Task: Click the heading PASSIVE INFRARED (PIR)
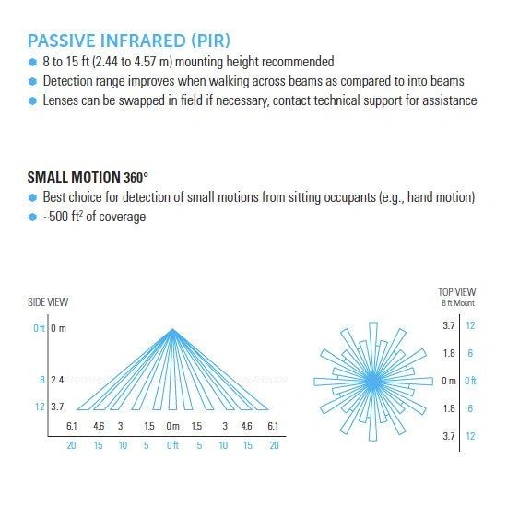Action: tap(129, 41)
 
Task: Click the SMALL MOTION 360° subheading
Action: tap(88, 177)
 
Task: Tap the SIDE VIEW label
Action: tap(48, 302)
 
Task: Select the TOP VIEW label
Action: tap(456, 292)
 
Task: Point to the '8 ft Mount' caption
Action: tap(458, 303)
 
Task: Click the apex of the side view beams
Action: tap(172, 329)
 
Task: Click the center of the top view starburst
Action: tap(372, 382)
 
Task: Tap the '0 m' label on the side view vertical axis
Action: tap(58, 328)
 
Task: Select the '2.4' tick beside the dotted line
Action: tap(57, 380)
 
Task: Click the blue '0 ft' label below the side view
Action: tap(172, 445)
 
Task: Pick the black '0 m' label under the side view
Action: tap(172, 426)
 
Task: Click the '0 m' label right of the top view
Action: tap(449, 381)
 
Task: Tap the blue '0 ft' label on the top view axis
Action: tap(470, 381)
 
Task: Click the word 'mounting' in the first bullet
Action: tap(198, 62)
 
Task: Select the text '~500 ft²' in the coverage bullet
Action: tap(63, 217)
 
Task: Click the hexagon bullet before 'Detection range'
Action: tap(32, 81)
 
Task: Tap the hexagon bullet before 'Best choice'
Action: tap(32, 197)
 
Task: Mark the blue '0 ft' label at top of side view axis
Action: tap(39, 328)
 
